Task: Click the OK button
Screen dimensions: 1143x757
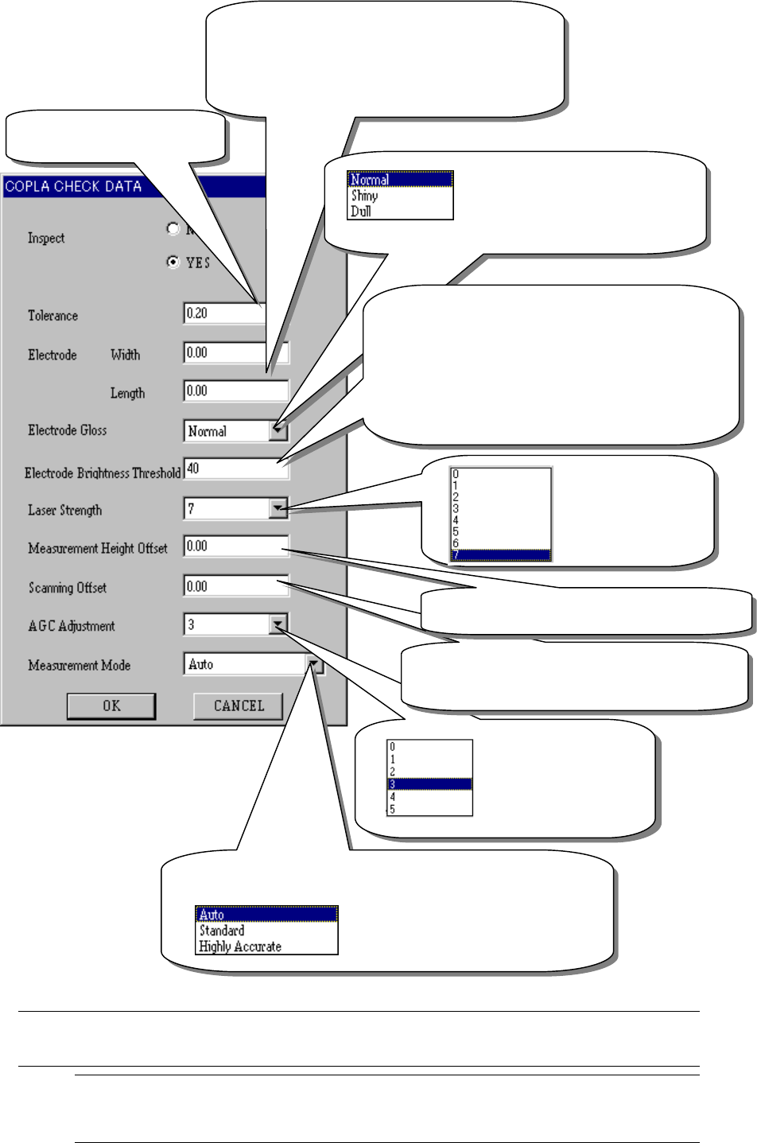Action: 111,706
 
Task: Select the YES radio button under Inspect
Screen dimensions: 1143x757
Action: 173,262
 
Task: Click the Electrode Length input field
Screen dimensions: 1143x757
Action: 235,391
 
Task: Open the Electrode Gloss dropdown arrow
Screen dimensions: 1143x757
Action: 278,430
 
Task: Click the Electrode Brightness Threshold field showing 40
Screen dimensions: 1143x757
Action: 235,468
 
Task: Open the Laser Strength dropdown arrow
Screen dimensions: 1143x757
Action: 278,508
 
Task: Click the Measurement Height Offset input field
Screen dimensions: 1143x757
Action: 235,546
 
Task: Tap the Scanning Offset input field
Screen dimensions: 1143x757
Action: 235,586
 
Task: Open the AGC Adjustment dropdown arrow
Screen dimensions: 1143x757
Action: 278,625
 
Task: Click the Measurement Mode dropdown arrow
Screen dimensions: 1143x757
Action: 315,664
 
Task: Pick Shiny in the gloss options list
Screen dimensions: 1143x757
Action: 365,196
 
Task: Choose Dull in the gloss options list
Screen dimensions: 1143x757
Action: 361,211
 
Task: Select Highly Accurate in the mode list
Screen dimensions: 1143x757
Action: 240,947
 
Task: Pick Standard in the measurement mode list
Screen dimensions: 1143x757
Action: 222,931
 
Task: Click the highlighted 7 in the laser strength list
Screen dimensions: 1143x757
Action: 500,555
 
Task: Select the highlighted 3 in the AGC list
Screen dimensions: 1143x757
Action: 429,784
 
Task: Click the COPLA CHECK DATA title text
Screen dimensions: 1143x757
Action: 73,187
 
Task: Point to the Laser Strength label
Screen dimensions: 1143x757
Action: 65,510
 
